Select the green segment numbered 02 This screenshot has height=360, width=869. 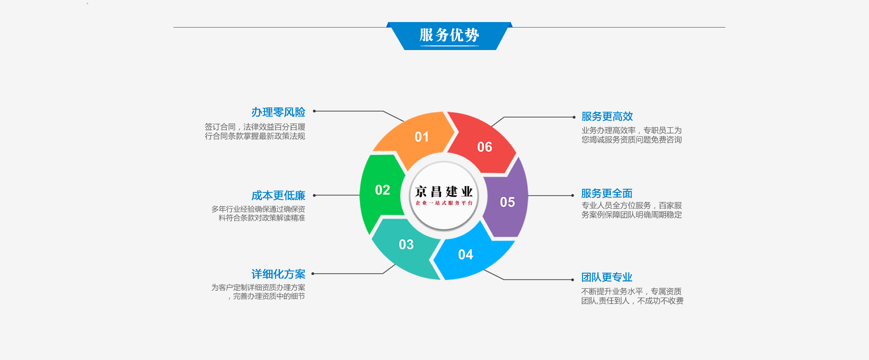pyautogui.click(x=381, y=191)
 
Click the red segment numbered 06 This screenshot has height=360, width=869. pyautogui.click(x=482, y=145)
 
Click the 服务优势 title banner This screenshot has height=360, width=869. pyautogui.click(x=449, y=36)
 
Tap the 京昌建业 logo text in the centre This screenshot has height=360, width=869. pyautogui.click(x=444, y=191)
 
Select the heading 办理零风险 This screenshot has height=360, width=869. pyautogui.click(x=278, y=112)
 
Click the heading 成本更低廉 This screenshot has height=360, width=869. pyautogui.click(x=278, y=196)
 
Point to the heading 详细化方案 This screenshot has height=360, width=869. pyautogui.click(x=278, y=274)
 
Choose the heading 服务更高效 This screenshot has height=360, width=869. pyautogui.click(x=607, y=117)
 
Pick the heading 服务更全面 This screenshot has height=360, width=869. pyautogui.click(x=607, y=194)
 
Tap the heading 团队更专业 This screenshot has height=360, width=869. pyautogui.click(x=607, y=277)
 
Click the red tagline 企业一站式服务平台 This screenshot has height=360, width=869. pyautogui.click(x=444, y=203)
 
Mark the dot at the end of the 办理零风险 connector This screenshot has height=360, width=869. pyautogui.click(x=314, y=111)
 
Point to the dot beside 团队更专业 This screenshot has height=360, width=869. pyautogui.click(x=572, y=280)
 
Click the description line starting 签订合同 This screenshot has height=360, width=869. pyautogui.click(x=255, y=127)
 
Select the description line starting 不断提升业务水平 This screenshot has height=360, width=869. pyautogui.click(x=631, y=292)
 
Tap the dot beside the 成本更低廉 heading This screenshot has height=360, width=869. pyautogui.click(x=314, y=195)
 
